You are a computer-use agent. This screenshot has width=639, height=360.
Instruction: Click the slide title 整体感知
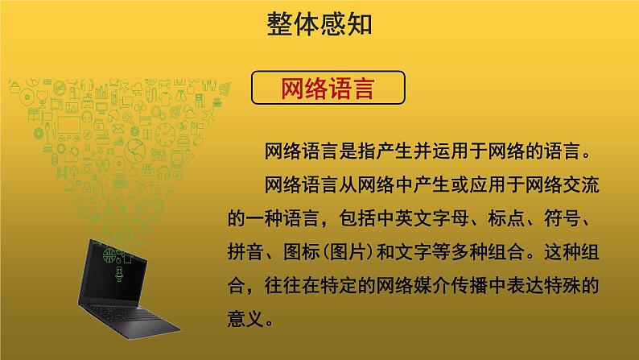point(319,25)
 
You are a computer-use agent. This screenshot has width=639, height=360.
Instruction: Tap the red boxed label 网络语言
point(328,88)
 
